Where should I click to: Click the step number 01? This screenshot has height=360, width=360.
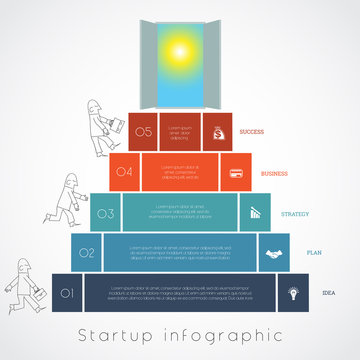(67, 293)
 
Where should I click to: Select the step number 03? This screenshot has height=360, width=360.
(105, 213)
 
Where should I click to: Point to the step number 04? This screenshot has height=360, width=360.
(124, 172)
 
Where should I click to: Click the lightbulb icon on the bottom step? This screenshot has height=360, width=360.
(293, 293)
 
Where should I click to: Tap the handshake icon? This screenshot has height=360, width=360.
(273, 253)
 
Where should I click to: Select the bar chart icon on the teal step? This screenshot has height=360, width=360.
(254, 213)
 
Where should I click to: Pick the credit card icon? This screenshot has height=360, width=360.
(236, 172)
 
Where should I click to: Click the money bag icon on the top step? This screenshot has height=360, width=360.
(218, 131)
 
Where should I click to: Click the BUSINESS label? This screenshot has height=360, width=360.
(273, 172)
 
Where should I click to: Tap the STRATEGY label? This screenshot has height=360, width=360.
(294, 213)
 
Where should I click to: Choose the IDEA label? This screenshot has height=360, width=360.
(328, 293)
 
